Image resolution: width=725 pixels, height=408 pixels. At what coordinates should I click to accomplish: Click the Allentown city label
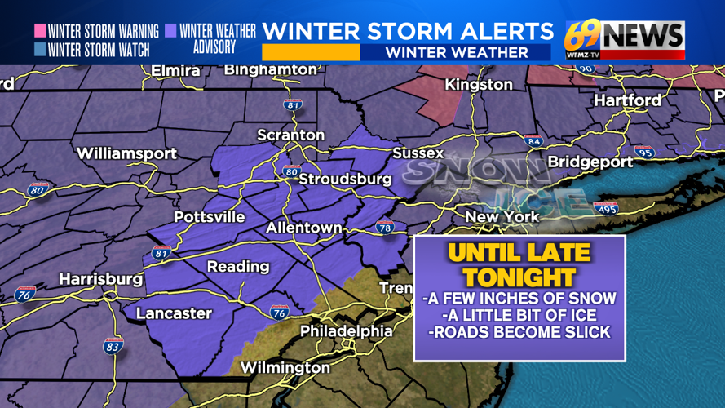(303, 228)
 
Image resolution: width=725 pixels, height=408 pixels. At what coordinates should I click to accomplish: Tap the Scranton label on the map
(290, 135)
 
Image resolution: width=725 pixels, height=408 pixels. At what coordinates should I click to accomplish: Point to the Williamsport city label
(126, 153)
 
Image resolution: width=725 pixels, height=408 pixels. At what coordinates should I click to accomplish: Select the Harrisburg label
(101, 279)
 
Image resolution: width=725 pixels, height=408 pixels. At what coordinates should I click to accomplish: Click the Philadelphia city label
(346, 331)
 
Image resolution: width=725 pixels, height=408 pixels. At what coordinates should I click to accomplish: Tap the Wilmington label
(285, 367)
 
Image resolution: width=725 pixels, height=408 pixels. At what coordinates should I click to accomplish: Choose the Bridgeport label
(590, 162)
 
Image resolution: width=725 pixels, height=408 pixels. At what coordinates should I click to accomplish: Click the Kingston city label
(478, 85)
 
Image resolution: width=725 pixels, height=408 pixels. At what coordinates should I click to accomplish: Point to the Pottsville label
(209, 217)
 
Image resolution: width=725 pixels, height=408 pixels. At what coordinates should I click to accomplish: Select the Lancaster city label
(174, 313)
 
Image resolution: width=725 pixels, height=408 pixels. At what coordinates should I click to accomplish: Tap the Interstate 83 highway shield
(113, 346)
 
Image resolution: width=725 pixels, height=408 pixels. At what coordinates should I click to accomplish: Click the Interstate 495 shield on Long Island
(605, 210)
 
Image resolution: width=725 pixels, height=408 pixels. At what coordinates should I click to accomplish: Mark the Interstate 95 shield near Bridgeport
(644, 152)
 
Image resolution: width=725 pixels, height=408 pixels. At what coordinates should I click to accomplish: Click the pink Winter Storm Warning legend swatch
(39, 31)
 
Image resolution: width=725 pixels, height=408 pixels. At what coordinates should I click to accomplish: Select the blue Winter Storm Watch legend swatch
(39, 49)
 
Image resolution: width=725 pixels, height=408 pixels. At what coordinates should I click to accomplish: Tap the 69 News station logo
(625, 39)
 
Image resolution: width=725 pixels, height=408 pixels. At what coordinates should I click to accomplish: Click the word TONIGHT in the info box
(519, 277)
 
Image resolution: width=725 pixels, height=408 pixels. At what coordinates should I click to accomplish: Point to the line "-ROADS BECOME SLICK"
(519, 333)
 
